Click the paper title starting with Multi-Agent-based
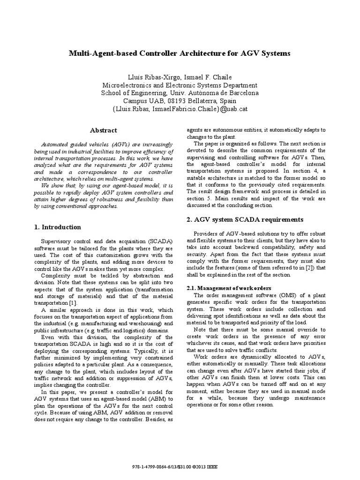180,53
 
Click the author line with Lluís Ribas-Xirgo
180,77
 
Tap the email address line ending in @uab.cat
180,109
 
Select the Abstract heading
103,130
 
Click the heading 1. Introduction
58,227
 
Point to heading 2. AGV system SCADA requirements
245,219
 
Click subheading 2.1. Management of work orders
233,288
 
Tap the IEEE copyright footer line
180,467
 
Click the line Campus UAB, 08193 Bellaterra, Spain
180,101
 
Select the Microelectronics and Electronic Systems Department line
180,85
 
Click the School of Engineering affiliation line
180,93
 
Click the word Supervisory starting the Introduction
56,240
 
